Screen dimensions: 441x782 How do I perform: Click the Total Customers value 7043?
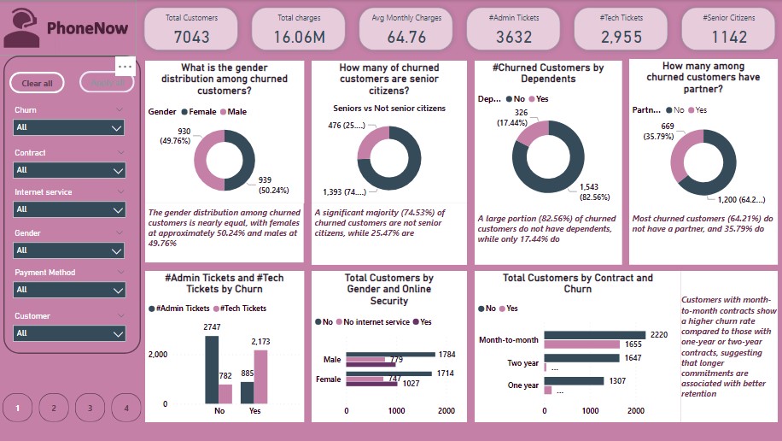tap(191, 36)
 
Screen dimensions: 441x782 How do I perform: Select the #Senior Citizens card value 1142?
tap(728, 36)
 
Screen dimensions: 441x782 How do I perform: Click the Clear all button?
tap(37, 83)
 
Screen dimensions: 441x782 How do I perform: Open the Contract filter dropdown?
tap(69, 170)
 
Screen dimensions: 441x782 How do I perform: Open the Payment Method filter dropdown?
tap(69, 290)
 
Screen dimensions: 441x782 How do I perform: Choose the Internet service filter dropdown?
tap(69, 209)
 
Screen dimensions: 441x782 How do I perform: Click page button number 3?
tap(90, 408)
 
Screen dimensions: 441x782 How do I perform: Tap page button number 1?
tap(17, 408)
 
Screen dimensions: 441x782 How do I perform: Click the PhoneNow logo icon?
tap(20, 28)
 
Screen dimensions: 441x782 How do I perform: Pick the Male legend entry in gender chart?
tap(235, 111)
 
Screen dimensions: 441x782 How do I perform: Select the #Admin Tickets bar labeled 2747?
tap(213, 369)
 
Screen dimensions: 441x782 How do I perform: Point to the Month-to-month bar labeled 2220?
tap(594, 334)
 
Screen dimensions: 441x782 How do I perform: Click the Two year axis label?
tap(522, 362)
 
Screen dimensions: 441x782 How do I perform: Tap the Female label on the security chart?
tap(328, 379)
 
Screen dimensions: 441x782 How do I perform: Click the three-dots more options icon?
tap(125, 66)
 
